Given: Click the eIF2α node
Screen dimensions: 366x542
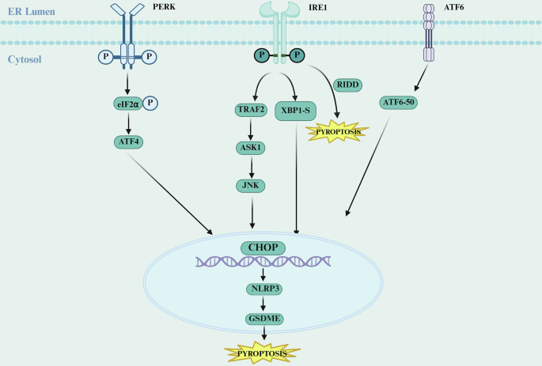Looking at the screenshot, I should pos(127,104).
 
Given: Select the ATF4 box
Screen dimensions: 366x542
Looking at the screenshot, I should pos(127,141).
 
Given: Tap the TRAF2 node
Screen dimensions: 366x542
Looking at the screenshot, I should pos(250,111).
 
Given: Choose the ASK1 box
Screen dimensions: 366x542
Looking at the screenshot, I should pos(250,148).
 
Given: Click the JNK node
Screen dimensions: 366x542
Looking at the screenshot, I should pos(250,185).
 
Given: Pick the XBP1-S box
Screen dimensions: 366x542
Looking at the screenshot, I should pos(295,111).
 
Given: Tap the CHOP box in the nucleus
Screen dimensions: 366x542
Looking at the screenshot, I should pos(263,247).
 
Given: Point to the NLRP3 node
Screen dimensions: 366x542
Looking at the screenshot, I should pos(263,289).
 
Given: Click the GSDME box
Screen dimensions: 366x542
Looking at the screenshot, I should pos(263,319).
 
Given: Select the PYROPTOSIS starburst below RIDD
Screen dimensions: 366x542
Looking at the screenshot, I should pos(338,130).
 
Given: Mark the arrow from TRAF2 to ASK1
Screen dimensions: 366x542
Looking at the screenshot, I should pos(250,129).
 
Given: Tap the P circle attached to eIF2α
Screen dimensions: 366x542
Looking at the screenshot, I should pos(150,104).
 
